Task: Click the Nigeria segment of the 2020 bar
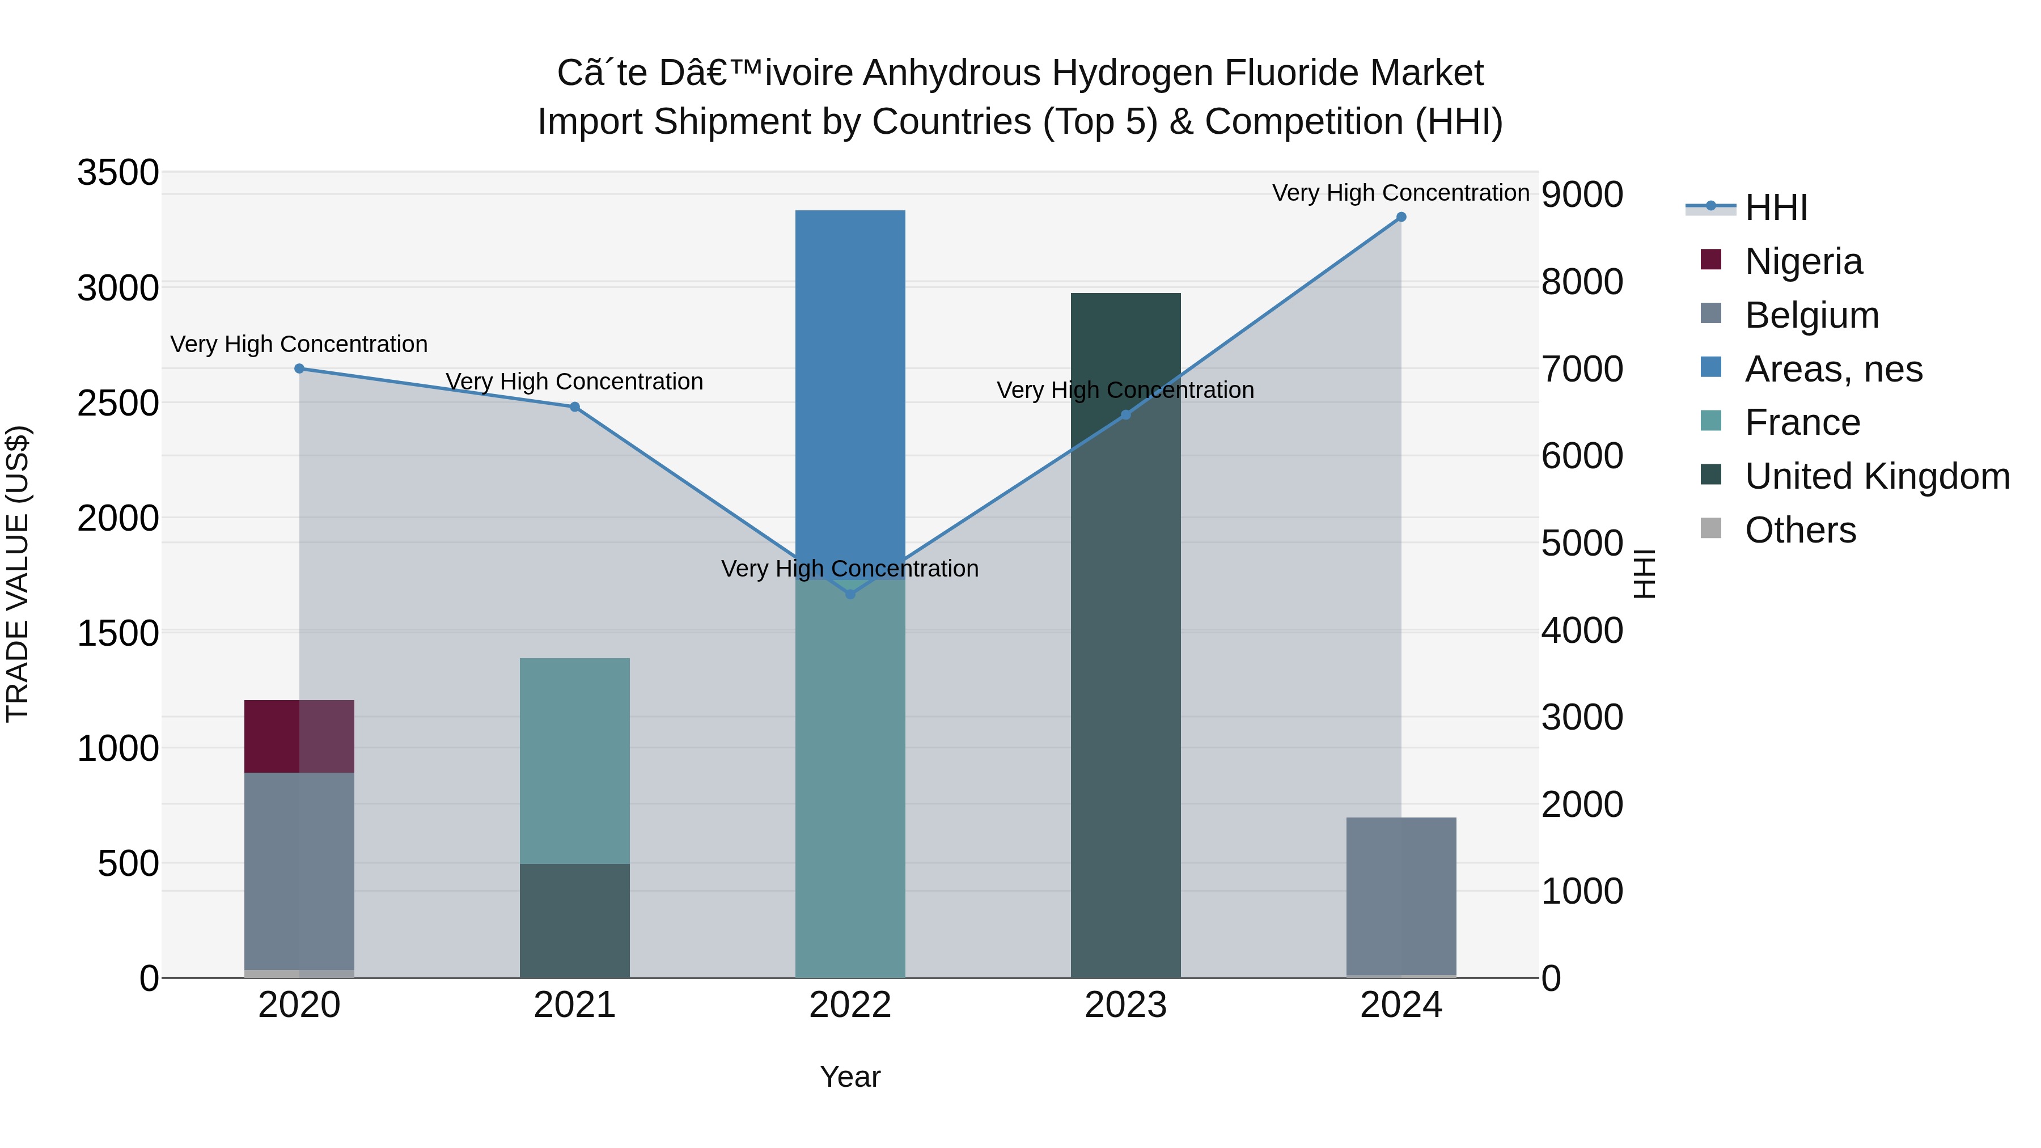click(x=299, y=736)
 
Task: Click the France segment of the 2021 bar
click(x=574, y=761)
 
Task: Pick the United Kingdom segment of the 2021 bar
click(x=574, y=920)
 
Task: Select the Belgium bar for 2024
click(x=1401, y=895)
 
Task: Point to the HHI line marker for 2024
click(x=1401, y=217)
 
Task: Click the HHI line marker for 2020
click(x=299, y=368)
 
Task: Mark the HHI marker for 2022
click(x=850, y=594)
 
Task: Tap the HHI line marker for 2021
click(x=574, y=407)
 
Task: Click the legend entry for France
click(x=1802, y=422)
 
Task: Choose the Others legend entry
click(x=1799, y=530)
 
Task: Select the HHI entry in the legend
click(x=1776, y=207)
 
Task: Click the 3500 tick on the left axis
click(x=118, y=173)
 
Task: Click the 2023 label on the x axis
click(x=1125, y=1005)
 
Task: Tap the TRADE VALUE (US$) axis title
click(x=18, y=574)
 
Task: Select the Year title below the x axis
click(x=850, y=1077)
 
